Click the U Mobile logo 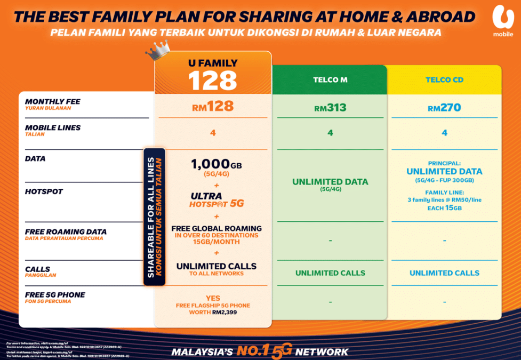coord(502,22)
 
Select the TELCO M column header coord(330,80)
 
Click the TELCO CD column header coord(444,80)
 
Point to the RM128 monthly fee coord(213,107)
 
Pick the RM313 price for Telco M coord(330,108)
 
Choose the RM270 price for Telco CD coord(444,108)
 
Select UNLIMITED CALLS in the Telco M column coord(330,273)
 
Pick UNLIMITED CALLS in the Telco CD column coord(444,273)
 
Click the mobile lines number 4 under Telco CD coord(444,133)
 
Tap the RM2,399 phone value coord(223,313)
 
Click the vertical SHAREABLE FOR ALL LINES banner coord(154,217)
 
